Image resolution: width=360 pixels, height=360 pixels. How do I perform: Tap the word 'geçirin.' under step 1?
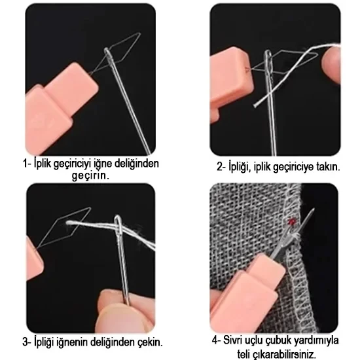coord(90,175)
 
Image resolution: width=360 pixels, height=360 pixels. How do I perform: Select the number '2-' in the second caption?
coord(221,166)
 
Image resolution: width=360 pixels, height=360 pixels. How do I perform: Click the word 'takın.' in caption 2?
coord(328,167)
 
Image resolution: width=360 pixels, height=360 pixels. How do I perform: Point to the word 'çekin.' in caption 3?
coord(150,342)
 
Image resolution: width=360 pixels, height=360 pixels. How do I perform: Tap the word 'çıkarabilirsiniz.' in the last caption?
coord(283,354)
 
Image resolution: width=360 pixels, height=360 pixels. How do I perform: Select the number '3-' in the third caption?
coord(27,342)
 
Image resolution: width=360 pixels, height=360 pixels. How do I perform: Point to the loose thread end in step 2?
coord(255,105)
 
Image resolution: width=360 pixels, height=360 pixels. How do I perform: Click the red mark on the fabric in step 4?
coord(291,221)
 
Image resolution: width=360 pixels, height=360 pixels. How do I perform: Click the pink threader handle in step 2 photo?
coord(231,82)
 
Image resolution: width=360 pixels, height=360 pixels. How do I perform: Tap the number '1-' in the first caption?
coord(27,164)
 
